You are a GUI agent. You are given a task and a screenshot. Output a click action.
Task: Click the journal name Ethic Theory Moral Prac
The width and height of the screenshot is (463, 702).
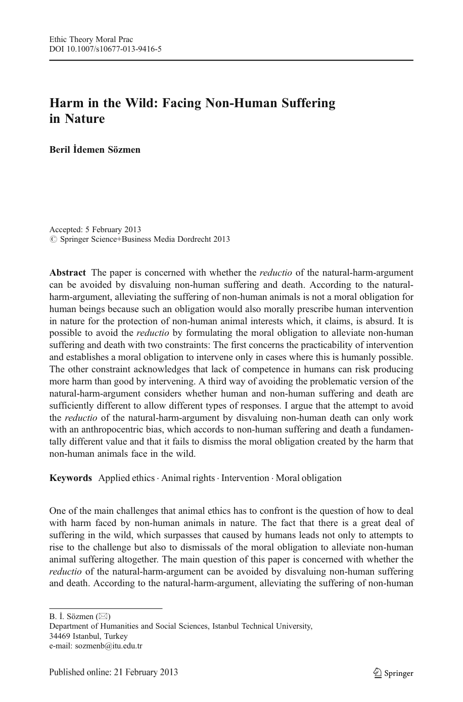[91, 39]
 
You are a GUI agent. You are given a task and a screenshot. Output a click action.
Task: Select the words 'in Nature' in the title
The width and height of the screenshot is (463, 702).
[77, 119]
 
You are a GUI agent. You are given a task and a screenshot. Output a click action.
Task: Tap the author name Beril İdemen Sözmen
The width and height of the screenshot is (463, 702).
[95, 149]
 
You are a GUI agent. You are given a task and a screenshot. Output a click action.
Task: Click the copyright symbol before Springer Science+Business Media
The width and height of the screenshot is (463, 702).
[53, 239]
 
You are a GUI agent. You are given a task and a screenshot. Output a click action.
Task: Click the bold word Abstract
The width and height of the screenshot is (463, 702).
[67, 273]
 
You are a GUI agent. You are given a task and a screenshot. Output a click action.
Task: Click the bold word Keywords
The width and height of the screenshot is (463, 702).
[70, 478]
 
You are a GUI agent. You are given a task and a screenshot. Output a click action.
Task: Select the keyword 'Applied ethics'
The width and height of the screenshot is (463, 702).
[126, 478]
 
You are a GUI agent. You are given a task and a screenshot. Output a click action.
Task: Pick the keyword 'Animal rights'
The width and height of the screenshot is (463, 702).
[188, 478]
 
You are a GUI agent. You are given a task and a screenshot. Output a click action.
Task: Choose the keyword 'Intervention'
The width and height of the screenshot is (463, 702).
[245, 478]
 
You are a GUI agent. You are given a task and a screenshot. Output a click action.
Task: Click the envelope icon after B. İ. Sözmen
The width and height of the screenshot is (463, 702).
[103, 617]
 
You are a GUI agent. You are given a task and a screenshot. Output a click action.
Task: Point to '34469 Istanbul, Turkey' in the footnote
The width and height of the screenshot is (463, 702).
[88, 636]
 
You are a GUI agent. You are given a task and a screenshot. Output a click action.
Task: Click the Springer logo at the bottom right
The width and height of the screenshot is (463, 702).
[393, 673]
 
